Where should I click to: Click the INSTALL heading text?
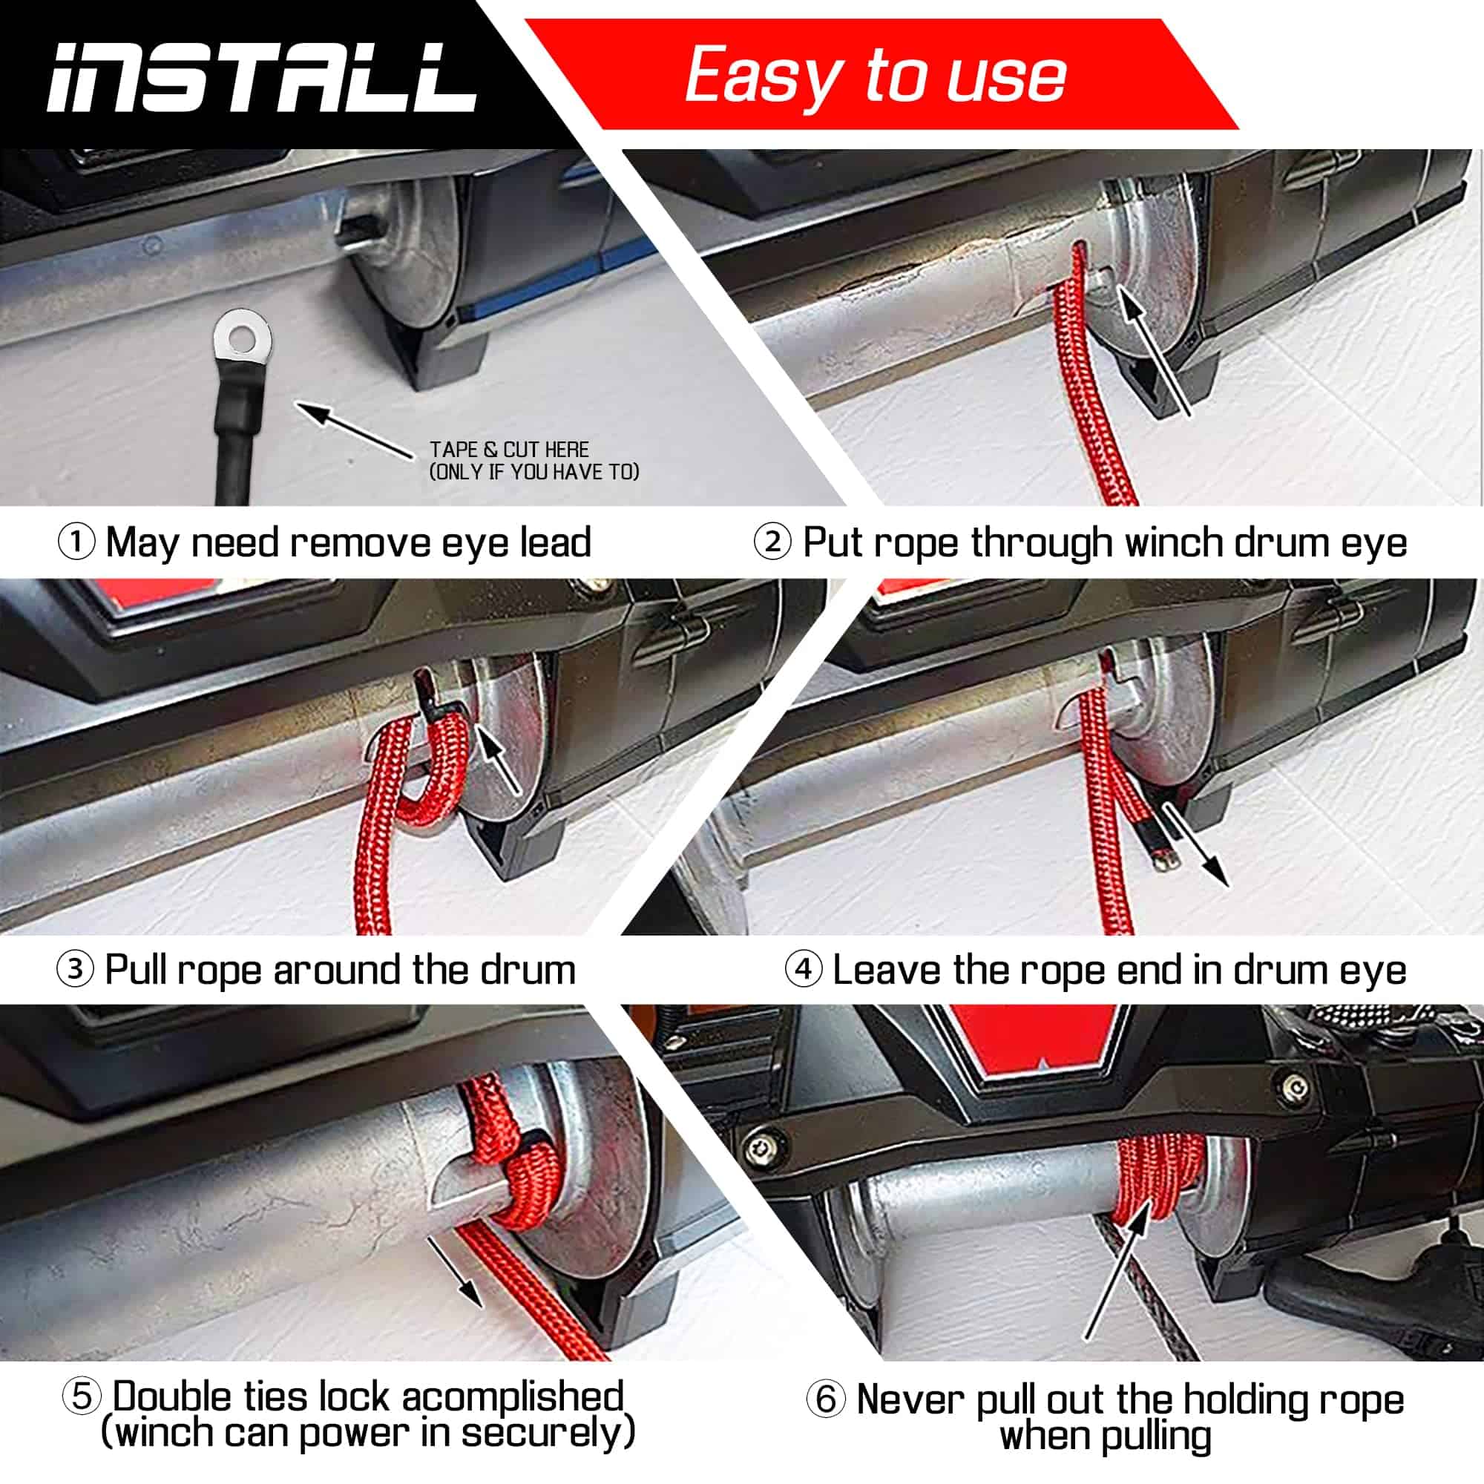pyautogui.click(x=261, y=77)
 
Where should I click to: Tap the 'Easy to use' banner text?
pyautogui.click(x=876, y=75)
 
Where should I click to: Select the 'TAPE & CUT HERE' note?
pyautogui.click(x=509, y=450)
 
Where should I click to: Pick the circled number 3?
pyautogui.click(x=75, y=969)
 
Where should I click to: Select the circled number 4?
pyautogui.click(x=804, y=969)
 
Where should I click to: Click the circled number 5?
pyautogui.click(x=82, y=1396)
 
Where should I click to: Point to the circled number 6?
pyautogui.click(x=826, y=1399)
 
